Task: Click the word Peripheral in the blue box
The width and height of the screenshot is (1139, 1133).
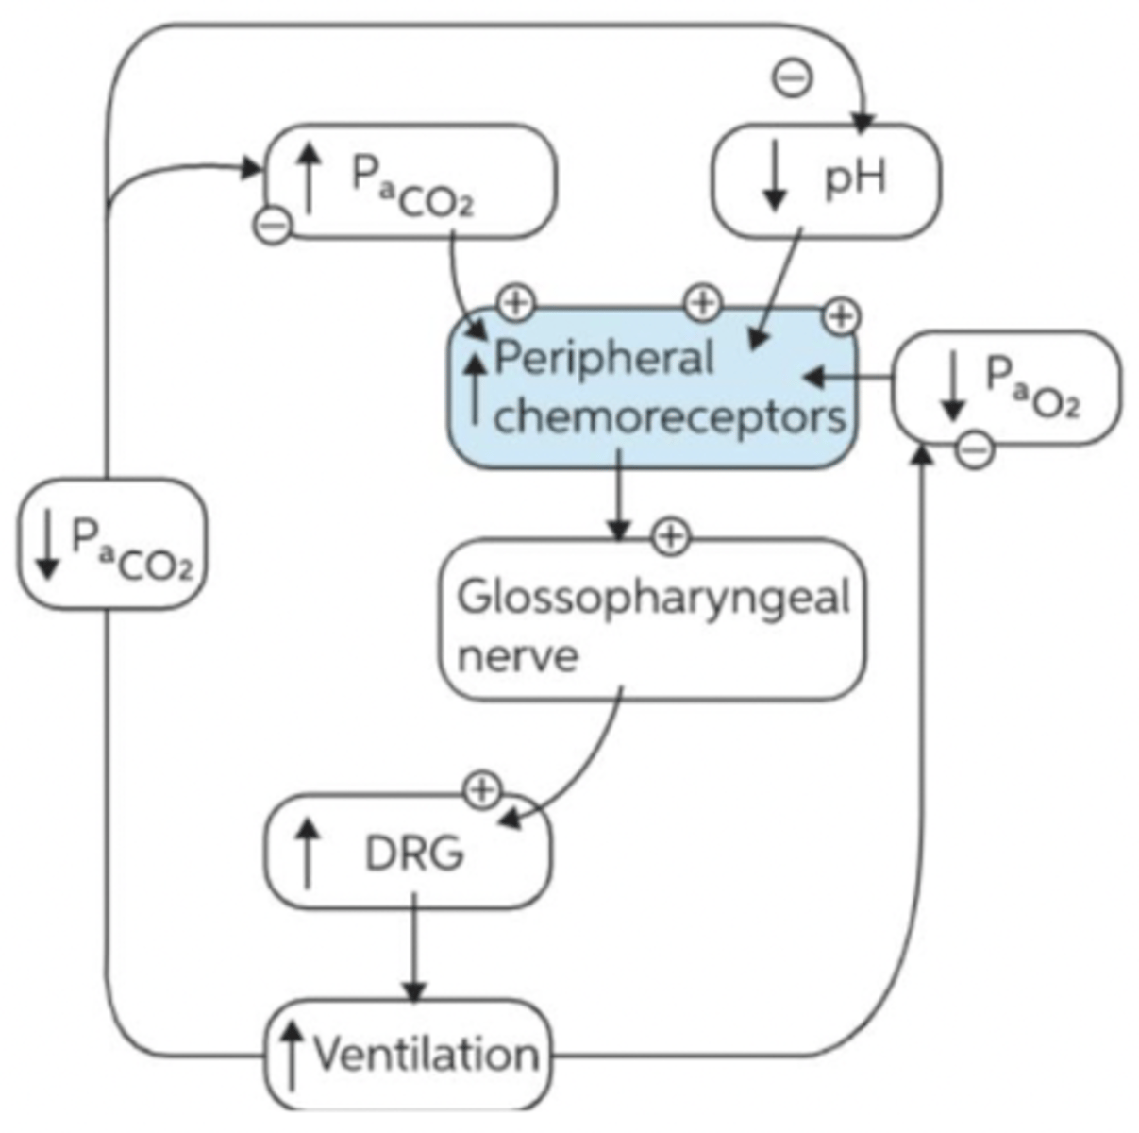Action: pos(604,360)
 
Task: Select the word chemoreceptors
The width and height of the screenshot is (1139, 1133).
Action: pos(669,416)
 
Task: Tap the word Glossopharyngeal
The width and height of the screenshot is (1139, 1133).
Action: pos(653,598)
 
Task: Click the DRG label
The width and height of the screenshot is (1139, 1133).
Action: pos(414,854)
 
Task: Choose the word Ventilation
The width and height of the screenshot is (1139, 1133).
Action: pos(426,1053)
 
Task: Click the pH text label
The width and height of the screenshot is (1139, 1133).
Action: pos(855,178)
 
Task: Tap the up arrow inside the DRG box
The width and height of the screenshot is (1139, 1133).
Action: pos(308,853)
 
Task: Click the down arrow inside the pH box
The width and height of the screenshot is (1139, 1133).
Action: pos(775,177)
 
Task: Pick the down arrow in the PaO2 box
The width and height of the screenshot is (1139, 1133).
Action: pos(953,385)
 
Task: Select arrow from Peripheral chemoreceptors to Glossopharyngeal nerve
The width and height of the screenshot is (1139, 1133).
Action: pos(618,498)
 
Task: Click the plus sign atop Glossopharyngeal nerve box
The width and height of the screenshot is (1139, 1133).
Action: pos(670,536)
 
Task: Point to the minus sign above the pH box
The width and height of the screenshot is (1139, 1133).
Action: pos(793,77)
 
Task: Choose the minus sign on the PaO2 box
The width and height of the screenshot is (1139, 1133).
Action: pos(975,448)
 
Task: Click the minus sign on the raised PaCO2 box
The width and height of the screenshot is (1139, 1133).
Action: pos(274,225)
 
